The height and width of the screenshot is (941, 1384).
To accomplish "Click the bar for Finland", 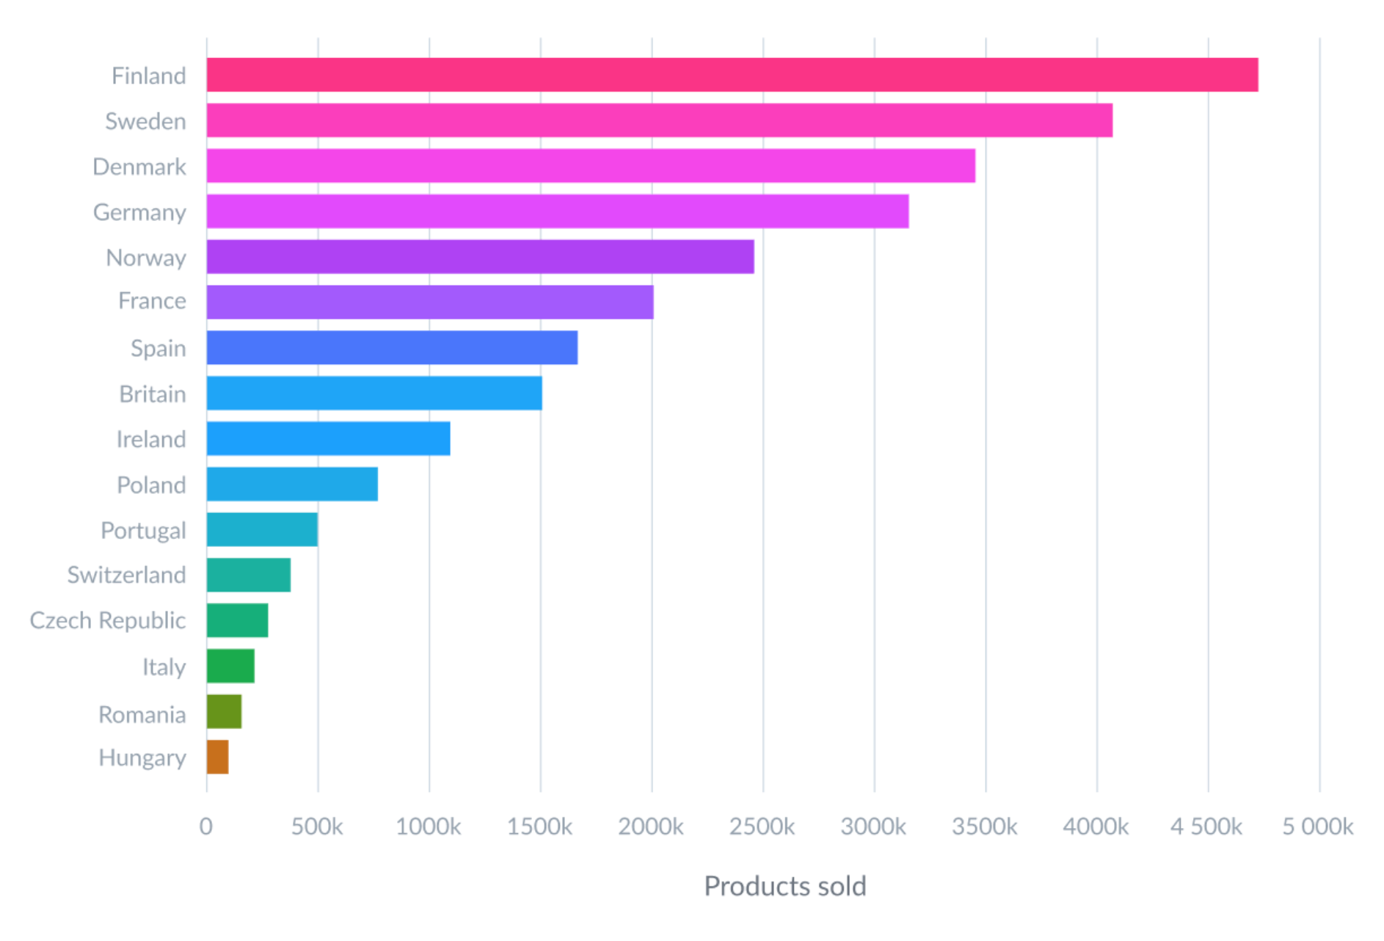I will pyautogui.click(x=732, y=75).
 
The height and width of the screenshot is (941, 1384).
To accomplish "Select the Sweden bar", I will pyautogui.click(x=659, y=120).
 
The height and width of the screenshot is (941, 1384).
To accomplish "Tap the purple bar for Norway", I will pyautogui.click(x=480, y=257).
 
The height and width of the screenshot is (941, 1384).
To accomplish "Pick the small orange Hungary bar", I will pyautogui.click(x=217, y=757).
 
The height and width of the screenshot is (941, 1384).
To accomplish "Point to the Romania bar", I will pyautogui.click(x=224, y=711).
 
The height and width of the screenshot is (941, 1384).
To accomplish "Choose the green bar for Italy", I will pyautogui.click(x=230, y=666).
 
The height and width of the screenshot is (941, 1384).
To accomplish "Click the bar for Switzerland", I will pyautogui.click(x=248, y=575).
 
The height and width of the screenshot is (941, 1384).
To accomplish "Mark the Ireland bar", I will pyautogui.click(x=328, y=438).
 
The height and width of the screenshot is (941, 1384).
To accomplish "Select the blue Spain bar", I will pyautogui.click(x=392, y=347).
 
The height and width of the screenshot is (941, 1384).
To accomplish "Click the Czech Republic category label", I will pyautogui.click(x=107, y=621).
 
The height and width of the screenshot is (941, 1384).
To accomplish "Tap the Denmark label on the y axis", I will pyautogui.click(x=139, y=167).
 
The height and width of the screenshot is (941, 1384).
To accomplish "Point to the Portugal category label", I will pyautogui.click(x=143, y=530).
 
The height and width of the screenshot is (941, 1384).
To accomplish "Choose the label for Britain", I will pyautogui.click(x=152, y=394).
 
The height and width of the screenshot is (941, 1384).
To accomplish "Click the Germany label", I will pyautogui.click(x=139, y=212).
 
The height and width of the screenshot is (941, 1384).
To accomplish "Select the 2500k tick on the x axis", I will pyautogui.click(x=762, y=826).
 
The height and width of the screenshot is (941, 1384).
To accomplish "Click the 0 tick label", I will pyautogui.click(x=206, y=826).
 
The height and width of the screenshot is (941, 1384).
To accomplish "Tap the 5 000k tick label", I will pyautogui.click(x=1317, y=826).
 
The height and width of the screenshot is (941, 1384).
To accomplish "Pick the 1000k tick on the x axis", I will pyautogui.click(x=429, y=826).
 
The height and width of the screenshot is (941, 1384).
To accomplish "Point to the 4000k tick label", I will pyautogui.click(x=1096, y=826).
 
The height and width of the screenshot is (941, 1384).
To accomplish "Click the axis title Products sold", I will pyautogui.click(x=784, y=886).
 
